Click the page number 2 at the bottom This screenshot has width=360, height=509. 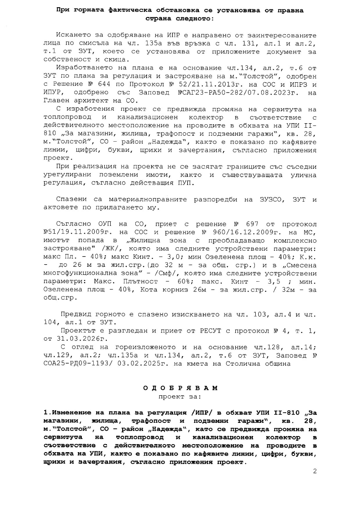[315, 471]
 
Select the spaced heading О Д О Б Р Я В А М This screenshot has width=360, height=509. [180, 388]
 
